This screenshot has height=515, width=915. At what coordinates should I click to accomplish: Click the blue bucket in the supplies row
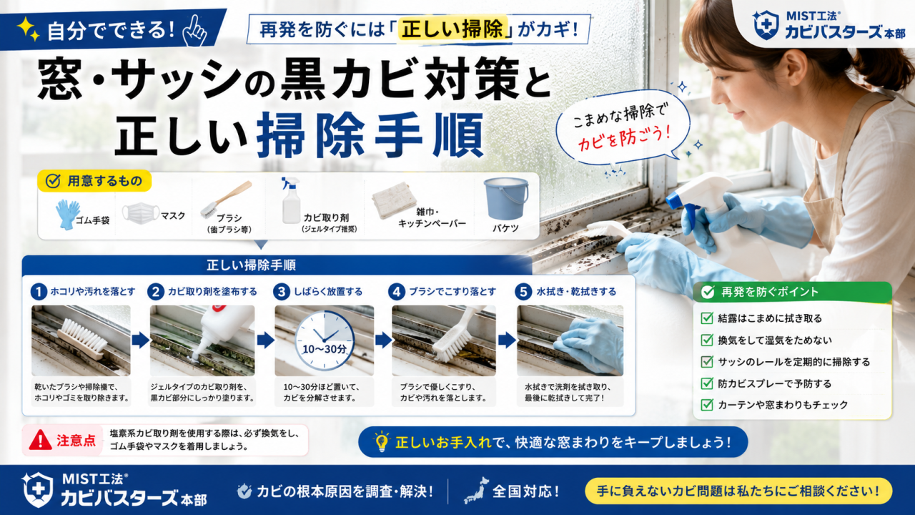coord(505,198)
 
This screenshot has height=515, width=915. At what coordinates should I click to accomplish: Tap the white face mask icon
coord(140,213)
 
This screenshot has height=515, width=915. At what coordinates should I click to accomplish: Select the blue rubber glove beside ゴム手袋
coord(67,214)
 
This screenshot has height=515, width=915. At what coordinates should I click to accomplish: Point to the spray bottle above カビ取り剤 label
coord(291,200)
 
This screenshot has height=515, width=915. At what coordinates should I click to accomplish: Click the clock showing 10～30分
coord(325,340)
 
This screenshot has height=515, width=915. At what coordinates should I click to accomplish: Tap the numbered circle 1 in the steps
coord(39,292)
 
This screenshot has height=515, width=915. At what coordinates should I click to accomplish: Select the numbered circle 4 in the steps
coord(396,292)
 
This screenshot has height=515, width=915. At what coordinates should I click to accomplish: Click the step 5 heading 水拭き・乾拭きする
coord(576,292)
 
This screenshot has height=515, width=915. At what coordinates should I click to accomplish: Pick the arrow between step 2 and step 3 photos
coord(265,340)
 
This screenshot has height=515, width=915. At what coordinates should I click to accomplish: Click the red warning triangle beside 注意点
coord(41,440)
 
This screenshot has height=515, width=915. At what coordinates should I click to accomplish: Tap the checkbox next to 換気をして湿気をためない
coord(707,340)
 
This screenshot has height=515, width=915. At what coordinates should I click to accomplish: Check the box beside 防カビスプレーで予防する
coord(707,383)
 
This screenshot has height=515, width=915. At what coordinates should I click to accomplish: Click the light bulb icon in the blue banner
coord(382,441)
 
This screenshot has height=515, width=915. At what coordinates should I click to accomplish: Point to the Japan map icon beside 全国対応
coord(476,490)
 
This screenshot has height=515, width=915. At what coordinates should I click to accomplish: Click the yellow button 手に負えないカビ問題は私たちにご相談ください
coord(738,491)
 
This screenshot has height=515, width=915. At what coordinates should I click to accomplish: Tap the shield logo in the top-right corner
coord(765,25)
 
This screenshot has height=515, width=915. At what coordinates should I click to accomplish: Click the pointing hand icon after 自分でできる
coord(196,31)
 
